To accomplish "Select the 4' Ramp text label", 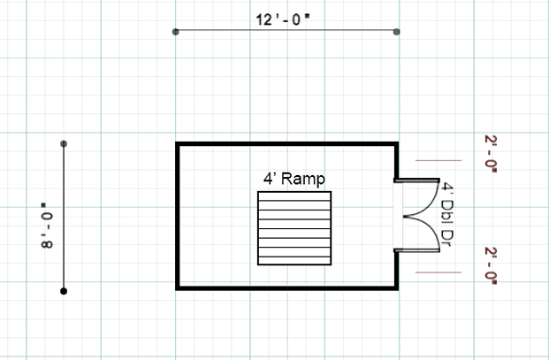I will point(294,178).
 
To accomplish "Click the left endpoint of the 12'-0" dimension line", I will point(176,32).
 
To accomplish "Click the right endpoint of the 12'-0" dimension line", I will point(396,32).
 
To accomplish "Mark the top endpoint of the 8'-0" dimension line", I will point(64,143).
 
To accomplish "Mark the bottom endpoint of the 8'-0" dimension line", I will point(64,290).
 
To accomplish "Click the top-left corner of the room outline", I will point(178,143).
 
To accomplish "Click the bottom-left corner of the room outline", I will point(178,287).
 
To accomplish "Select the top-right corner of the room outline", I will point(394,143).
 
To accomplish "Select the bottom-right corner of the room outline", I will point(394,287).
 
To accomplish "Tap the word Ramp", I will point(304,178).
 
